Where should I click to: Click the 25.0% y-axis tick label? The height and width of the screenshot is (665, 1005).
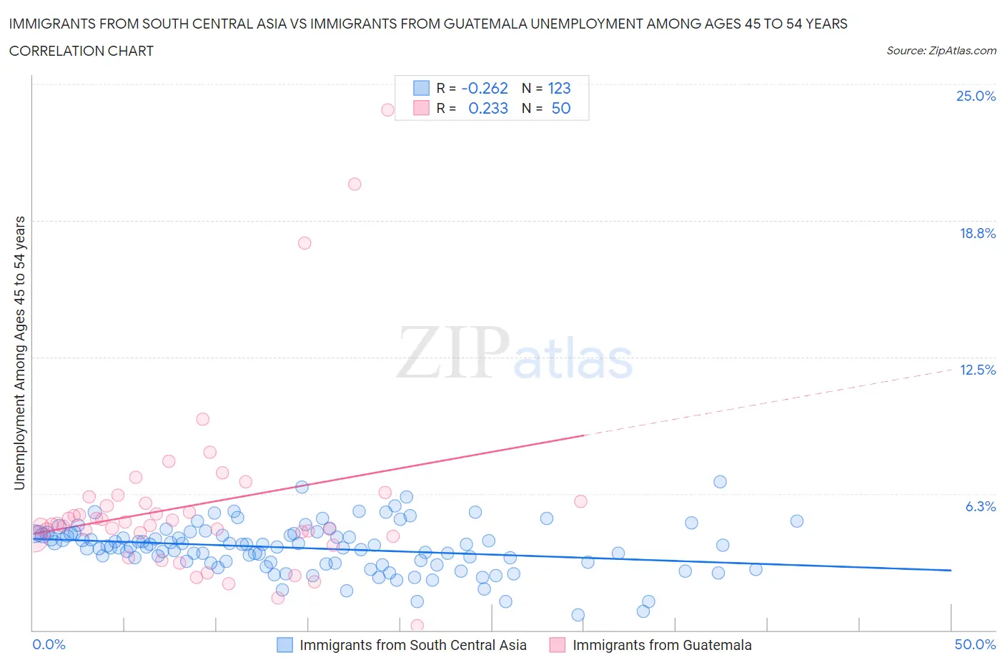(976, 96)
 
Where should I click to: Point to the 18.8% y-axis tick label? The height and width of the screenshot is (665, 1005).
(977, 233)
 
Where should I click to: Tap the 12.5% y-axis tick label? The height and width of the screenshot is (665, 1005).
(977, 370)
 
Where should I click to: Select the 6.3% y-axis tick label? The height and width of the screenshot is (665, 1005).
(980, 506)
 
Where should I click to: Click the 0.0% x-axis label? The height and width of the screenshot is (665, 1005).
(49, 644)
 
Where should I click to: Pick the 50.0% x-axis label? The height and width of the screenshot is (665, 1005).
(975, 644)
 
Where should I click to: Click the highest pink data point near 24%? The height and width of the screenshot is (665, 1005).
(387, 110)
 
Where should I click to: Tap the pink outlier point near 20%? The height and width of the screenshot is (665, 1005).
(355, 184)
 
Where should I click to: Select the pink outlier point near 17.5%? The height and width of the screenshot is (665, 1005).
(305, 243)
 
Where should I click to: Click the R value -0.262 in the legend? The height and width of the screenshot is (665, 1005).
(485, 88)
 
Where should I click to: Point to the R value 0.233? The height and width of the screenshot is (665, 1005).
(488, 108)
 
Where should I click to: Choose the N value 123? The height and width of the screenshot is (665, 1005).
(559, 88)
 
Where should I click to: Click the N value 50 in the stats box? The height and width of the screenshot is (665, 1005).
(561, 108)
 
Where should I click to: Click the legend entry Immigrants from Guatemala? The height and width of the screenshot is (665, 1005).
(661, 645)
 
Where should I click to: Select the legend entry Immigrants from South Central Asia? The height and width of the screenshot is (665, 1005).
(412, 645)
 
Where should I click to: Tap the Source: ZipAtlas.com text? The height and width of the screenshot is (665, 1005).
(941, 50)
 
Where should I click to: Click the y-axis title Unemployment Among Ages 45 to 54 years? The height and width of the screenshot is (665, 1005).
(19, 353)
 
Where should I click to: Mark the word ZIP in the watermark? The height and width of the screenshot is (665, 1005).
(452, 353)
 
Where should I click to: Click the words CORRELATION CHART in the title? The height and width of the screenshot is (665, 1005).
(81, 51)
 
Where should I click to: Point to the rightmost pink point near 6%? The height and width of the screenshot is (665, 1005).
(580, 501)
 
